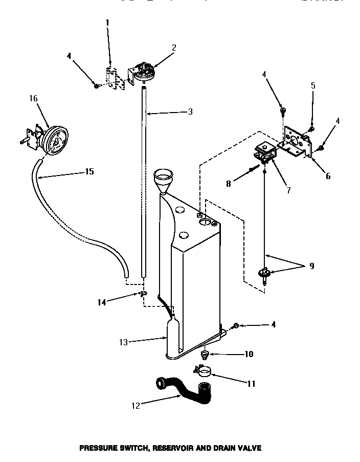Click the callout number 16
coord(34,99)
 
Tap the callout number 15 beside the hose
coord(89,171)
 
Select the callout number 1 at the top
coord(107,23)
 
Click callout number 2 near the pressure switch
coord(174,48)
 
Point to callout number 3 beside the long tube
coord(190,112)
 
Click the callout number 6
coord(328,176)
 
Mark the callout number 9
coord(311,266)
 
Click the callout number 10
coord(249,354)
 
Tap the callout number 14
coord(102,302)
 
